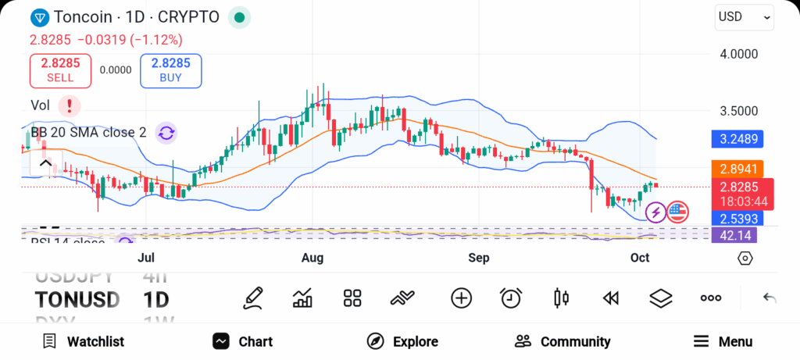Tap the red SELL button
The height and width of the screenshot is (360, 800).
(60, 70)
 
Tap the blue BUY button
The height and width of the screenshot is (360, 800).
(170, 70)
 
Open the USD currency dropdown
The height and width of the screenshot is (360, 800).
(743, 16)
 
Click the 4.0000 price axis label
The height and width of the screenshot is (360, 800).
(739, 54)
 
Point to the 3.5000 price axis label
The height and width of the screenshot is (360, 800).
(739, 111)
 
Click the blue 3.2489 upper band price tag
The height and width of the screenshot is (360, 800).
(736, 140)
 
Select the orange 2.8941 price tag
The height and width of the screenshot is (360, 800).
(736, 169)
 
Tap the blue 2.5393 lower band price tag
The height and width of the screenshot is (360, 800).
(736, 218)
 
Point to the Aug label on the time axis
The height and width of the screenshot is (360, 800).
(312, 257)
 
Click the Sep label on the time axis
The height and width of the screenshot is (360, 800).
(478, 257)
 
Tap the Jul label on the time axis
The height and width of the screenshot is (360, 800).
(146, 257)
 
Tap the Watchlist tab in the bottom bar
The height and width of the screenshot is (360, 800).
(84, 341)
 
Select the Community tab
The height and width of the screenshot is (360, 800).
(562, 341)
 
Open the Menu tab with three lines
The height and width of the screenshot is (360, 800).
(723, 341)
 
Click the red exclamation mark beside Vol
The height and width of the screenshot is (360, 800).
(70, 105)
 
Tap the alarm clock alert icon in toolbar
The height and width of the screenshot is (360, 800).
(511, 298)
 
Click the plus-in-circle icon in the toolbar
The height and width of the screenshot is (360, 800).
(461, 298)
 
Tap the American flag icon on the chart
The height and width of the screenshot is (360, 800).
(677, 211)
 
